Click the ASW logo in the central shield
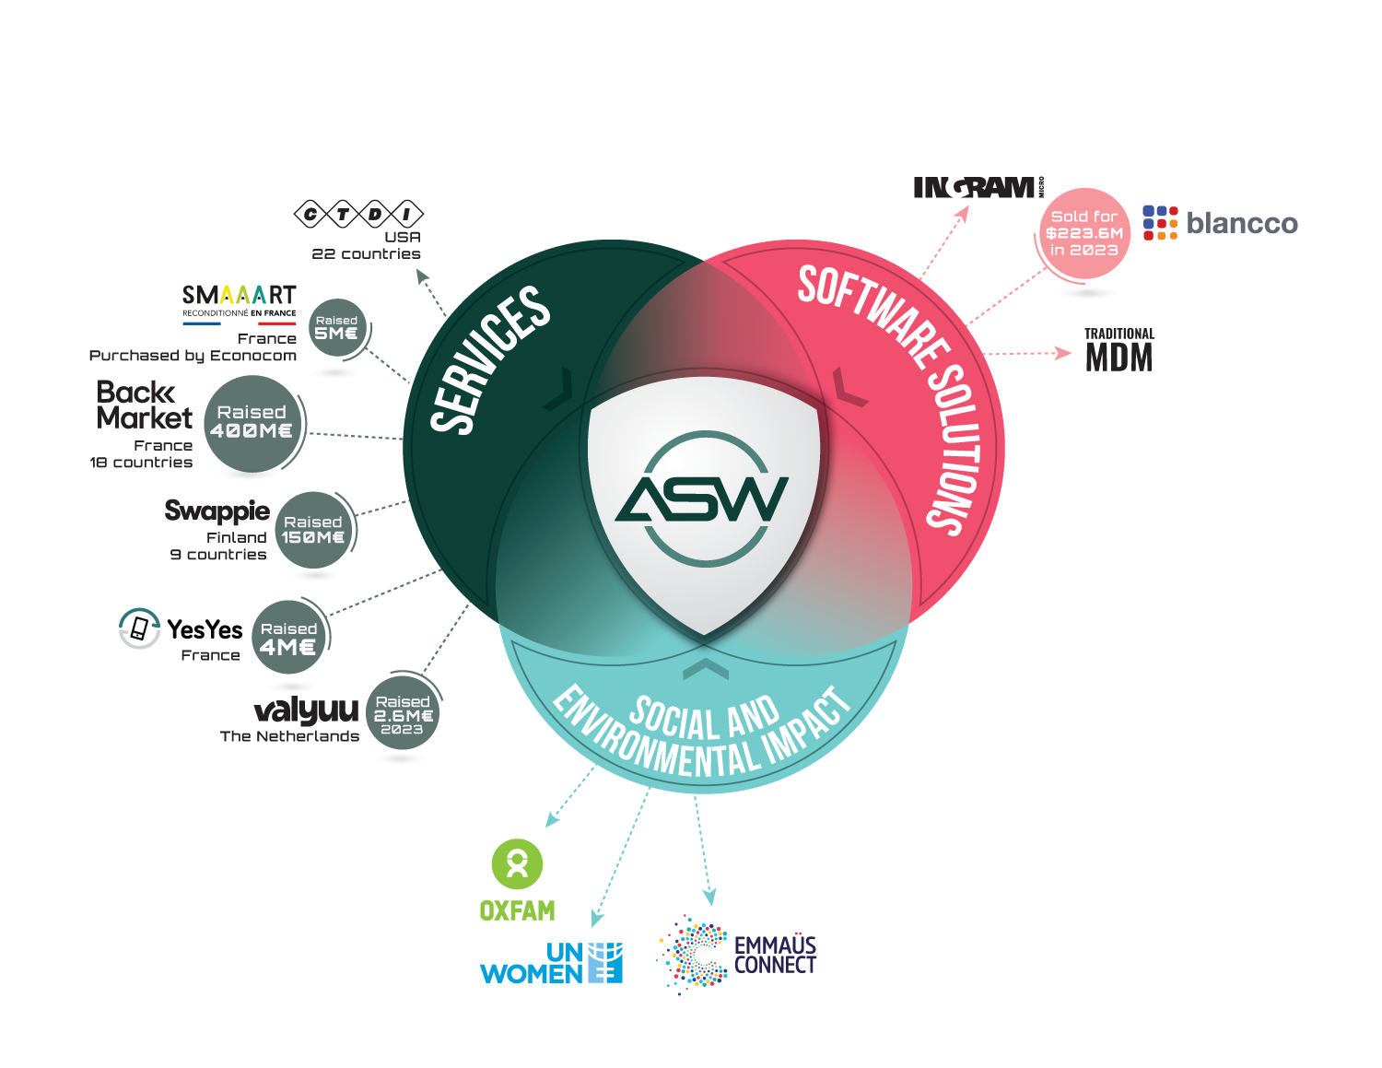(x=703, y=498)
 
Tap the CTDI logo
(x=358, y=215)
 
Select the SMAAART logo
(x=240, y=300)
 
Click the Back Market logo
(x=144, y=405)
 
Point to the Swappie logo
(x=217, y=511)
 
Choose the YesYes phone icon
(x=139, y=628)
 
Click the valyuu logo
(x=306, y=710)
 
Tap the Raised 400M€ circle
(x=252, y=424)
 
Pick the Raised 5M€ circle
(x=336, y=328)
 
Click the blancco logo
(x=1220, y=223)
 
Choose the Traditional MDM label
(x=1118, y=350)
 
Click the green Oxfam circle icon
(x=517, y=864)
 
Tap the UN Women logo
(x=551, y=963)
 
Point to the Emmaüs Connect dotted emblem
(x=693, y=955)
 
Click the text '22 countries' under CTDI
(x=366, y=254)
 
